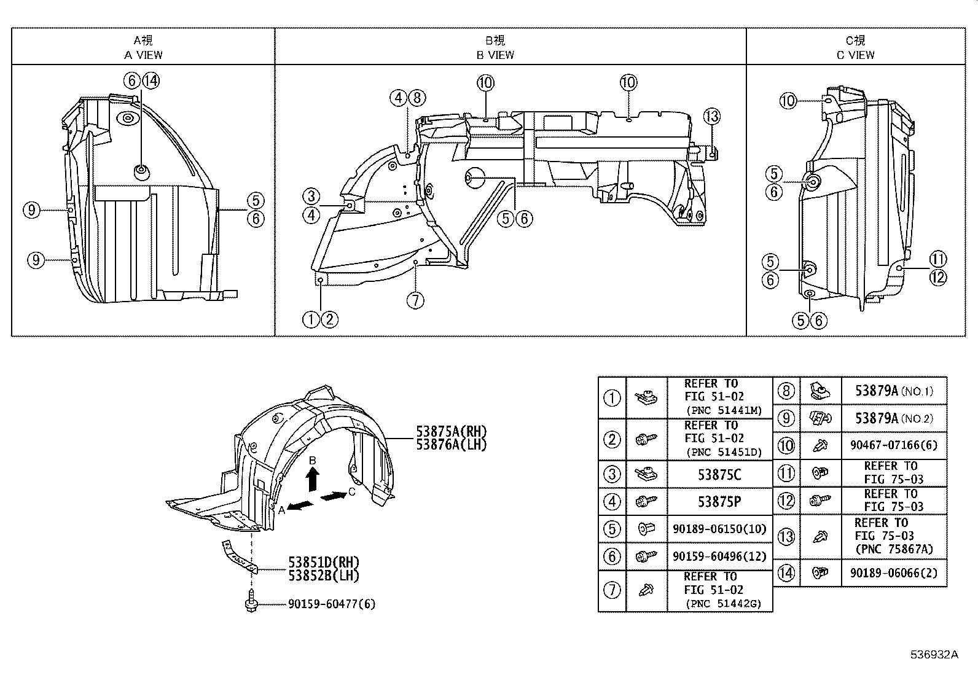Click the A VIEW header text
click(143, 55)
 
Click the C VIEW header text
click(855, 55)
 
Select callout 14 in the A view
click(151, 80)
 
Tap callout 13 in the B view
click(711, 116)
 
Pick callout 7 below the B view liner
click(416, 300)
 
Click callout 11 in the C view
click(938, 259)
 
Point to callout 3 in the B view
click(311, 197)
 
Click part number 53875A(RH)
click(451, 432)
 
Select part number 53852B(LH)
click(323, 576)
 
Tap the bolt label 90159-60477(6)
click(331, 604)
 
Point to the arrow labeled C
click(333, 496)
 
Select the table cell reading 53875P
click(719, 501)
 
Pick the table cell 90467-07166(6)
click(894, 445)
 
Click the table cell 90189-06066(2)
click(894, 572)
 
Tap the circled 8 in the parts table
click(786, 391)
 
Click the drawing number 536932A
click(934, 655)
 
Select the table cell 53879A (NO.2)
click(894, 418)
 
